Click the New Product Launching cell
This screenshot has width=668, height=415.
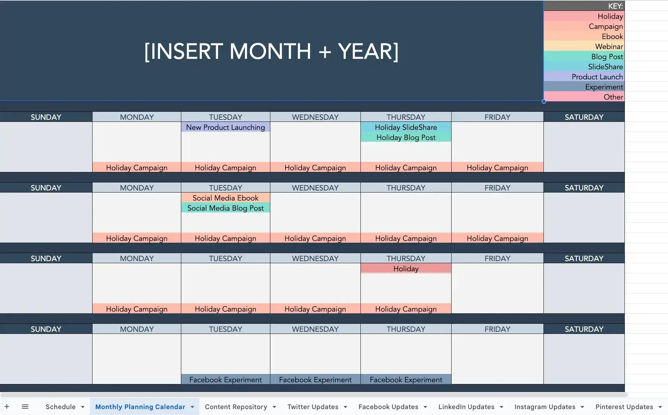(x=225, y=127)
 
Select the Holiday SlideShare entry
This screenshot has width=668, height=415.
(x=406, y=127)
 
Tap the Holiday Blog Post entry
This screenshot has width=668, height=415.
(x=406, y=137)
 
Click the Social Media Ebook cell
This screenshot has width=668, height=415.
(x=225, y=198)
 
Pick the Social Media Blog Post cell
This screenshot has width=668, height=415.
(x=225, y=208)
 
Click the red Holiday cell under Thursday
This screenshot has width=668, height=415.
(x=406, y=268)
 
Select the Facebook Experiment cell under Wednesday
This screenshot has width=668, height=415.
(x=315, y=379)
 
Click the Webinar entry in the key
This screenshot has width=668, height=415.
(x=609, y=46)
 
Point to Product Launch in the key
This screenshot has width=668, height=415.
(x=597, y=77)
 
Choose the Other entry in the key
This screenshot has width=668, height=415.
(x=613, y=97)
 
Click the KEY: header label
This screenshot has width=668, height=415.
(x=615, y=6)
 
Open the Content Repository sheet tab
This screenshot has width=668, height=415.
(x=236, y=407)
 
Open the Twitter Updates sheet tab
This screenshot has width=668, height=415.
(x=313, y=407)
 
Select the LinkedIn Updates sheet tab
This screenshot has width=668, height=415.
(x=466, y=407)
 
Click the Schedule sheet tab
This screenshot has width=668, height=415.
(x=61, y=407)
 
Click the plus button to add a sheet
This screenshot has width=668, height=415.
(x=7, y=406)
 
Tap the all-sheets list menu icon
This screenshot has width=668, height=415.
(x=25, y=406)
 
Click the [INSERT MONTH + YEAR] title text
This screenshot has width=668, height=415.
(x=271, y=52)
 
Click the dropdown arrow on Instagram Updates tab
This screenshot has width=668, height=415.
(x=582, y=407)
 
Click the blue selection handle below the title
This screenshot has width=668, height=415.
(x=543, y=102)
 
